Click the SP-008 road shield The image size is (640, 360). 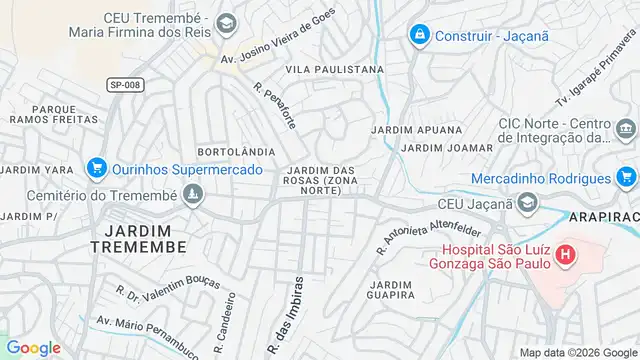125,85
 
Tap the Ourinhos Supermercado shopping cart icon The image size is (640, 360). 97,168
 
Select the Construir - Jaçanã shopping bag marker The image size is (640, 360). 420,35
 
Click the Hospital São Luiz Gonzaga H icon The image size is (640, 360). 565,255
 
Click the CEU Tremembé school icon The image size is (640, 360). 228,20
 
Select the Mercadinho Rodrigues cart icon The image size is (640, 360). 627,178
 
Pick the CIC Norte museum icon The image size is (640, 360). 626,129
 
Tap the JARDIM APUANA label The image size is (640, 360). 416,130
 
